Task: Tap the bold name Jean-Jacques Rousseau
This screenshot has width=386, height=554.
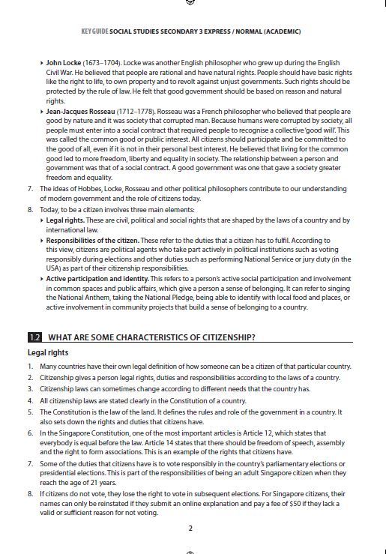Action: coord(83,111)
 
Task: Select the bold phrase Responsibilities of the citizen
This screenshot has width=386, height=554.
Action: coord(92,240)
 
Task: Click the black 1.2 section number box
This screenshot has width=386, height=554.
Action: coord(34,337)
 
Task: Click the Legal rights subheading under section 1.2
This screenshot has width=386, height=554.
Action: coord(48,352)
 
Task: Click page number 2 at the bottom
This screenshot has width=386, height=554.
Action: coord(190,528)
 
